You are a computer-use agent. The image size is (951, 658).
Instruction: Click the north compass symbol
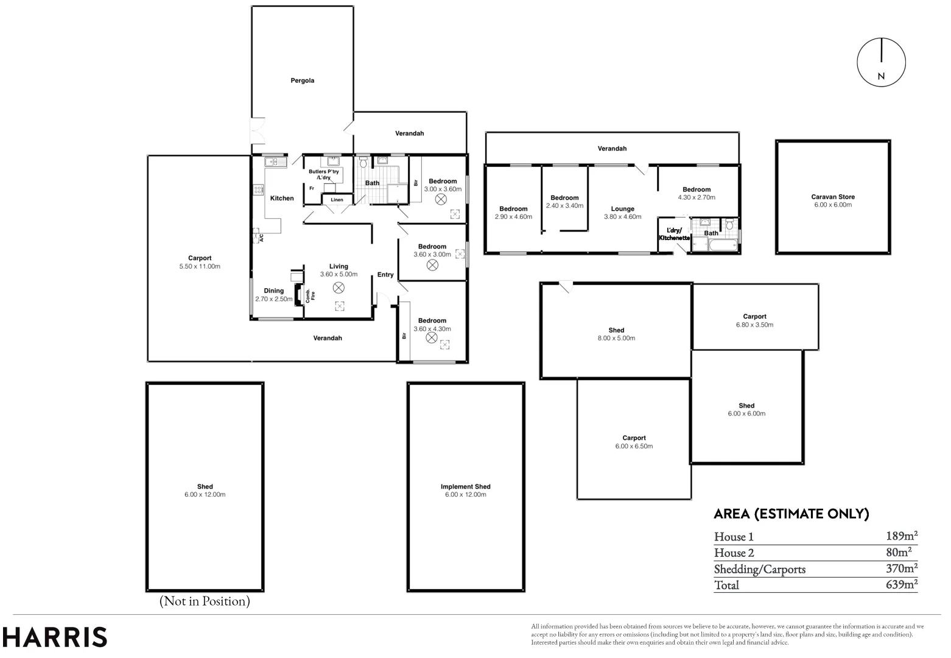881,62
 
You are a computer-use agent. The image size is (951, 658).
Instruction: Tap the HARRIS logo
55,637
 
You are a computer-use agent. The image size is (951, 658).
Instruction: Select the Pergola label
302,80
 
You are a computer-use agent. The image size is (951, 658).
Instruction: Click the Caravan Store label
832,197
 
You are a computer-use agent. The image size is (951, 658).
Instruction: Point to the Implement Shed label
465,486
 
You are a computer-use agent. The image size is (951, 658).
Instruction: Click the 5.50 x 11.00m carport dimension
200,266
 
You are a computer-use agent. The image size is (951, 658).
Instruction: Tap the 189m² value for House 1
901,536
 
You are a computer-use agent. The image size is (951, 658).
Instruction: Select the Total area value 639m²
901,585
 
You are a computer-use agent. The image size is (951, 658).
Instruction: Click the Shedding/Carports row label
759,569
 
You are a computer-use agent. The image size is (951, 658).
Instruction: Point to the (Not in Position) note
205,601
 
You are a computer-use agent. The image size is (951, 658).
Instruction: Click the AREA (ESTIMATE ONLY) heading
791,514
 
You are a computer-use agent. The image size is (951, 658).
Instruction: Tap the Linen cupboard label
337,200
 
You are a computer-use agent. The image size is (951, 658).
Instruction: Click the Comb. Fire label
308,295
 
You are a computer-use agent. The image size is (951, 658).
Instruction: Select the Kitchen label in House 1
282,198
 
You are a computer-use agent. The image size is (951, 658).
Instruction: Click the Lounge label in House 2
622,209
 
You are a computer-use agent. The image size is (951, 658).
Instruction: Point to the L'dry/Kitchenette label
674,234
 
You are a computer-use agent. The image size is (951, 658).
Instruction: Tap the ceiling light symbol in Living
339,286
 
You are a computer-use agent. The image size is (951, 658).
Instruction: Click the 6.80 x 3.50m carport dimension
754,325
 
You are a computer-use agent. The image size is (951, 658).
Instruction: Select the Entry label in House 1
385,275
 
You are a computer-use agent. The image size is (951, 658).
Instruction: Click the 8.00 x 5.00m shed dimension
616,338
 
